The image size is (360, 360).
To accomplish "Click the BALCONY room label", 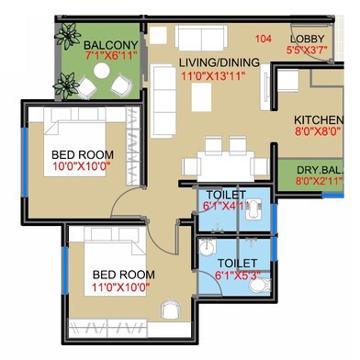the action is click(111, 45).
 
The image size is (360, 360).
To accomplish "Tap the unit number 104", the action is click(263, 39).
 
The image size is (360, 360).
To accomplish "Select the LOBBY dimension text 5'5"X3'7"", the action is click(307, 50).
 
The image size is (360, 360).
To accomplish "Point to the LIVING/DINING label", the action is click(219, 62).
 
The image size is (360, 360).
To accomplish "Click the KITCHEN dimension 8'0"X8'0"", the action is click(318, 131).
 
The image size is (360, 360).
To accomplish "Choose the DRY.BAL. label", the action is click(321, 170).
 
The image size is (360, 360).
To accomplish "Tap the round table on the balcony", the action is click(102, 71).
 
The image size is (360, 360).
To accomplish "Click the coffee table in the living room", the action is click(201, 97).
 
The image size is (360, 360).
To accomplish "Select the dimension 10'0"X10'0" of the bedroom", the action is click(81, 167).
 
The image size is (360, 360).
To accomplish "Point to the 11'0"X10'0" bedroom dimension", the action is click(120, 287).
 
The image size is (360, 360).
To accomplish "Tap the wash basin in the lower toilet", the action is click(208, 246).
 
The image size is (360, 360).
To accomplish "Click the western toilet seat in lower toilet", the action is click(260, 286).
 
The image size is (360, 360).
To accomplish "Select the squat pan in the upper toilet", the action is click(253, 209).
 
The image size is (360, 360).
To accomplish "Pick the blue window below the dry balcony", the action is click(332, 195).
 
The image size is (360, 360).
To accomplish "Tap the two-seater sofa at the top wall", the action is click(201, 37).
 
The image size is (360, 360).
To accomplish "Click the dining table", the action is click(226, 166).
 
